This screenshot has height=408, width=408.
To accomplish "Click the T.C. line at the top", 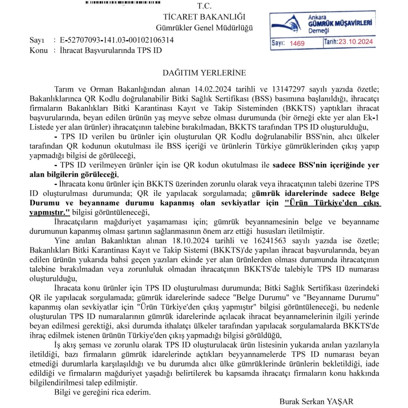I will [x=204, y=6].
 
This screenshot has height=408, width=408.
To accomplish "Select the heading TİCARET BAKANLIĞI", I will [x=204, y=17].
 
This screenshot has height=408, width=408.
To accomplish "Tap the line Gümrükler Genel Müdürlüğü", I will [x=204, y=28].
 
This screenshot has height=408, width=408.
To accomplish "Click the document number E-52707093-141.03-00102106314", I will [x=117, y=40].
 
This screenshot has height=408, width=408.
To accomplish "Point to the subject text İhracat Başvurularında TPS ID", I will [x=111, y=50].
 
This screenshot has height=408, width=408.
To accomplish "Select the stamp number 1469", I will [x=297, y=43].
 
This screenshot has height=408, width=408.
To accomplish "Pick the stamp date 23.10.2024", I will [x=356, y=42].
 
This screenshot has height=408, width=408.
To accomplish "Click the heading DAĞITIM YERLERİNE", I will [x=204, y=73].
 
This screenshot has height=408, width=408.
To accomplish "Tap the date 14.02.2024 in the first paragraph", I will [x=213, y=89].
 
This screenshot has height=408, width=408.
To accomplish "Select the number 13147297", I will [x=288, y=89].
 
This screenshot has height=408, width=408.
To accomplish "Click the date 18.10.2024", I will [x=191, y=241].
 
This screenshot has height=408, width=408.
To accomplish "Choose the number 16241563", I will [x=270, y=241].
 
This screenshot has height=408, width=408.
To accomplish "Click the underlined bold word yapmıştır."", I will [x=50, y=212].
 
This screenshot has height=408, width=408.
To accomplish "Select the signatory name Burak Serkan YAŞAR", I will [x=316, y=401].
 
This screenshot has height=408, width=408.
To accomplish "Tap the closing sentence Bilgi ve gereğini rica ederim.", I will [x=102, y=392].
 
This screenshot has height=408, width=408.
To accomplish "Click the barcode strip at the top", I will [x=123, y=3].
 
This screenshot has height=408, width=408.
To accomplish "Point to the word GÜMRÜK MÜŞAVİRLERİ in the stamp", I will [x=340, y=24].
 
